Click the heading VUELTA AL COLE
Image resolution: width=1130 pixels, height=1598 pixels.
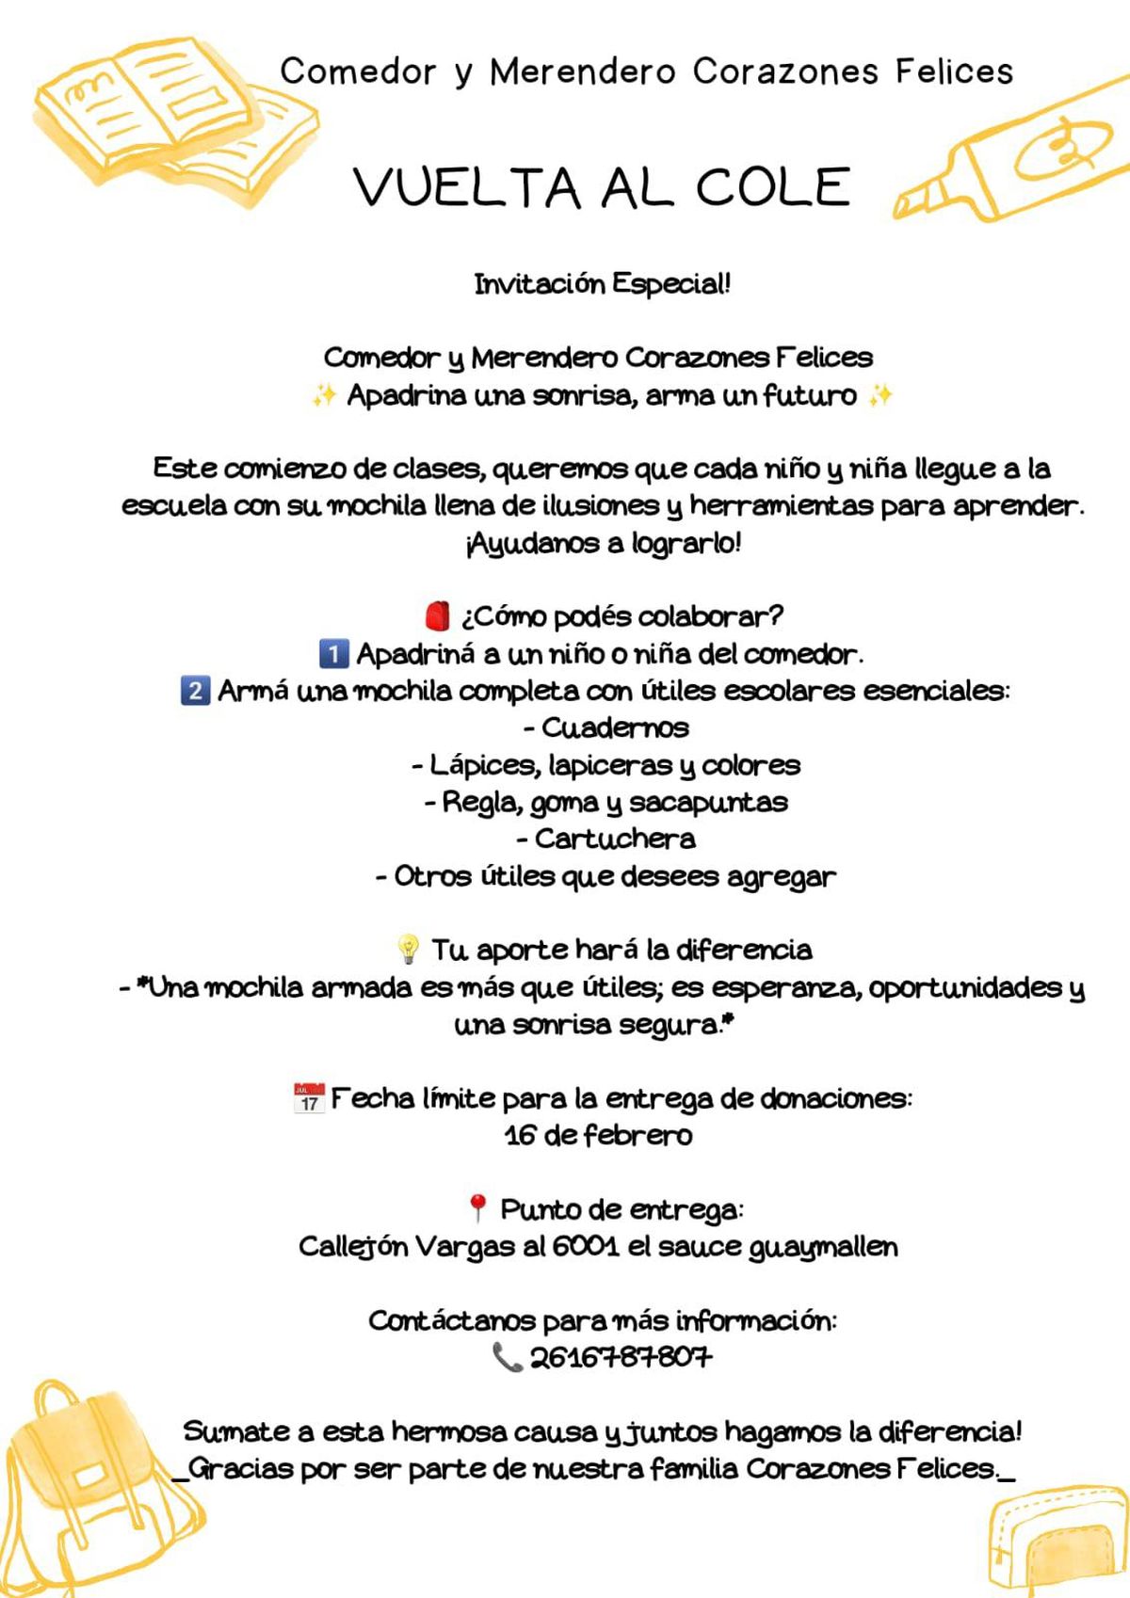603,186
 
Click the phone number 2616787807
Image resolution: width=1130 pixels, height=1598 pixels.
621,1358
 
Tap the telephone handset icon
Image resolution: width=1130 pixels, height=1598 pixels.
507,1357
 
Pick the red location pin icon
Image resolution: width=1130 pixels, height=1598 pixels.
477,1208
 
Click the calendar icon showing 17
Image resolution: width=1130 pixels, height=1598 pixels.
309,1098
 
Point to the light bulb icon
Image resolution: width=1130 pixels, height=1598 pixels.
408,950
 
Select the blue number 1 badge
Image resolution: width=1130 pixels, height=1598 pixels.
333,653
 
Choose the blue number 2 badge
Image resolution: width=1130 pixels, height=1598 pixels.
195,691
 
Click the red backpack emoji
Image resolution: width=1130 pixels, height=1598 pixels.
438,616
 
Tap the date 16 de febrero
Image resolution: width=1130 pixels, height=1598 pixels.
599,1135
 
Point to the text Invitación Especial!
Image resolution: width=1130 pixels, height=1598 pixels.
602,283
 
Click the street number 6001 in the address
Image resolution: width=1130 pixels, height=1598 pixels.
585,1246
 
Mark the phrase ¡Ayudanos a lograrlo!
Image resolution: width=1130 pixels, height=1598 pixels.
603,543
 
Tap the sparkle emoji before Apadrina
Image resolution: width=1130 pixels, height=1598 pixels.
323,395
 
